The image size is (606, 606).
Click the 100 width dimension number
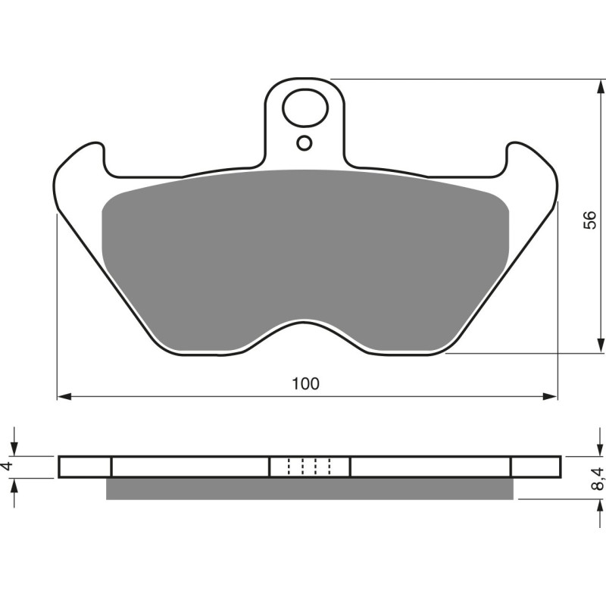(307, 383)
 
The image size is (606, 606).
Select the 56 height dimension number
(590, 220)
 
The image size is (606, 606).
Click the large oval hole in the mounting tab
(305, 108)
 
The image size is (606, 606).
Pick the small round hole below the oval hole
(305, 142)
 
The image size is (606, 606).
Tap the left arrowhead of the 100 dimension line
(64, 395)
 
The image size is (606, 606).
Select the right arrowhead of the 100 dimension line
(551, 395)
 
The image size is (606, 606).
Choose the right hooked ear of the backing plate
(530, 163)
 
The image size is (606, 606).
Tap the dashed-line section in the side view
(310, 467)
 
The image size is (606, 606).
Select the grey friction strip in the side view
(309, 489)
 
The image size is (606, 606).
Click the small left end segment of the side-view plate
(85, 467)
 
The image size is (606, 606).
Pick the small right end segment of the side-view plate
(536, 467)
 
